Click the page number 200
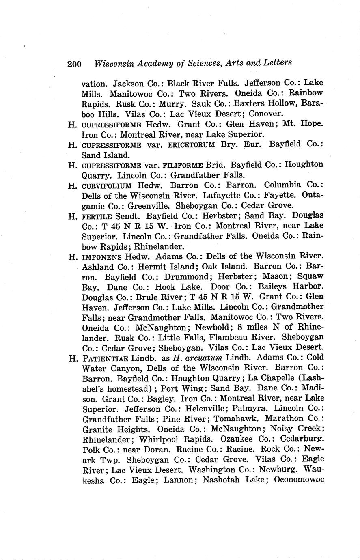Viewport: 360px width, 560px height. (x=75, y=64)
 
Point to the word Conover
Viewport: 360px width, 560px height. (x=266, y=114)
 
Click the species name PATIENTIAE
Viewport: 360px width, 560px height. (x=105, y=358)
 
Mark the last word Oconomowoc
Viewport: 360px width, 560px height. (x=299, y=480)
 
